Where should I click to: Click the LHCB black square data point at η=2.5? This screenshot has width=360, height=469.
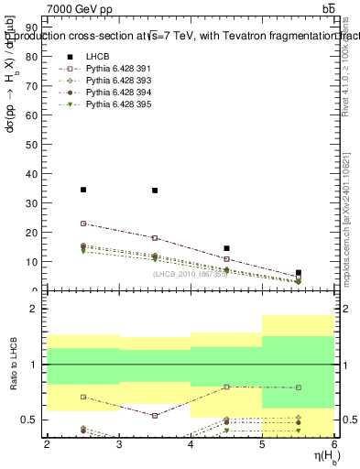83,190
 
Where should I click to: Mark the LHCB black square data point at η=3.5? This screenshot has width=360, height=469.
155,191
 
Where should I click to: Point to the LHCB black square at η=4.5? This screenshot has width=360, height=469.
226,248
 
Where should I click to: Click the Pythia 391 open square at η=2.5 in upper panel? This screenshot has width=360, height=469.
83,224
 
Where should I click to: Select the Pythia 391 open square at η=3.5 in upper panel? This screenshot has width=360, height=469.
155,238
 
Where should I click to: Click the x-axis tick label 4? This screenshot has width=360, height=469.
191,445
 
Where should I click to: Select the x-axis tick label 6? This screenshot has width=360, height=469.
333,445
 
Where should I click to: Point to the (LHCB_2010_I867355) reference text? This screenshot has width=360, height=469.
190,275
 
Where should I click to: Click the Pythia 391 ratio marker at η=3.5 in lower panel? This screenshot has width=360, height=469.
155,415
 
